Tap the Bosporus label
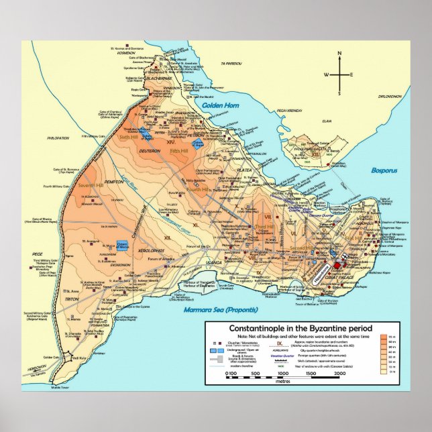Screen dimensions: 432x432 pos(384,170)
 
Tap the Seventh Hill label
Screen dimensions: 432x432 pos(91,185)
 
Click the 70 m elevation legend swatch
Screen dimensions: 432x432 pos(384,336)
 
